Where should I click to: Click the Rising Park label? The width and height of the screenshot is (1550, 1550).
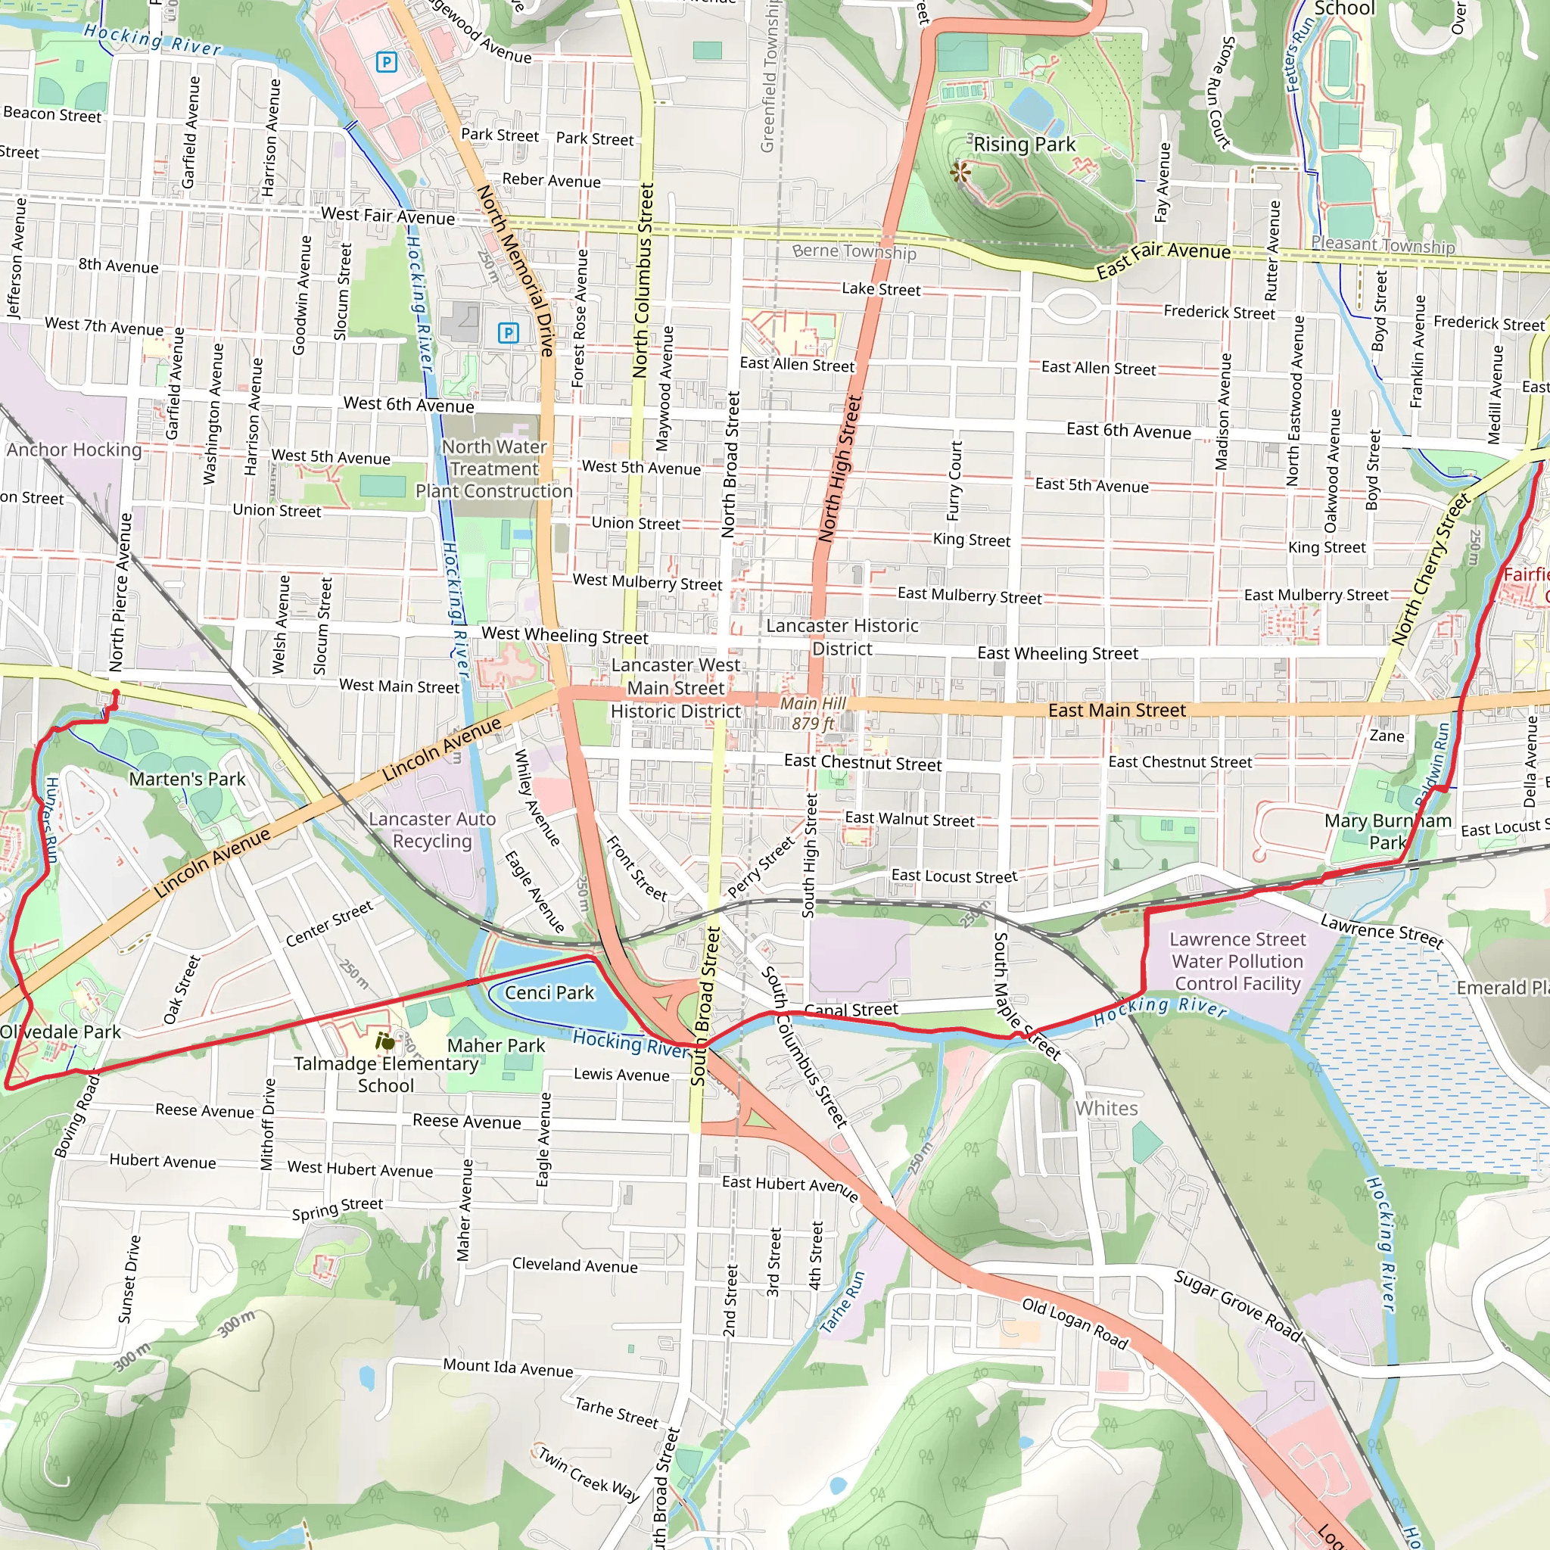click(1024, 145)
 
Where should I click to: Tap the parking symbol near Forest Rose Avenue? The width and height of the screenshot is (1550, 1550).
click(508, 332)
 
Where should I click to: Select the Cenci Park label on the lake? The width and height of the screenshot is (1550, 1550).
click(549, 992)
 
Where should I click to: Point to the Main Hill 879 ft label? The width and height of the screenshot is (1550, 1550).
click(813, 713)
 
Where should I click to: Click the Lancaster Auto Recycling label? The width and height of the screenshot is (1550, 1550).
click(431, 829)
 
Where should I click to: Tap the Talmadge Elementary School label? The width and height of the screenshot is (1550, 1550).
click(386, 1074)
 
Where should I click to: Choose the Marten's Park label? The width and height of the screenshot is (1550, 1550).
click(187, 779)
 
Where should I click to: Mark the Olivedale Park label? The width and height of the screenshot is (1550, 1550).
click(61, 1032)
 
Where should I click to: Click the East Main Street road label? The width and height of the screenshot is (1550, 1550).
click(1116, 710)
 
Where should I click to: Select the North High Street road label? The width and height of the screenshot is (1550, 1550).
click(839, 469)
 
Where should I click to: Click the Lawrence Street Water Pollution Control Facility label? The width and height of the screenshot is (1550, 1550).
click(1237, 961)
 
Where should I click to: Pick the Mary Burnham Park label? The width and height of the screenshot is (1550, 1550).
click(1387, 831)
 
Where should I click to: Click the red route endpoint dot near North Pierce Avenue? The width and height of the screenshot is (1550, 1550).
click(116, 693)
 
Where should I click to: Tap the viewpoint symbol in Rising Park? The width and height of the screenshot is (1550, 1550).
click(960, 171)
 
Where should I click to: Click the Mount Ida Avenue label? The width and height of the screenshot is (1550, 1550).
click(508, 1367)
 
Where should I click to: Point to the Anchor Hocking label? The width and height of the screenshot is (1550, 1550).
click(74, 450)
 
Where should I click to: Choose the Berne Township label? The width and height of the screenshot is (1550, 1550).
click(854, 251)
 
